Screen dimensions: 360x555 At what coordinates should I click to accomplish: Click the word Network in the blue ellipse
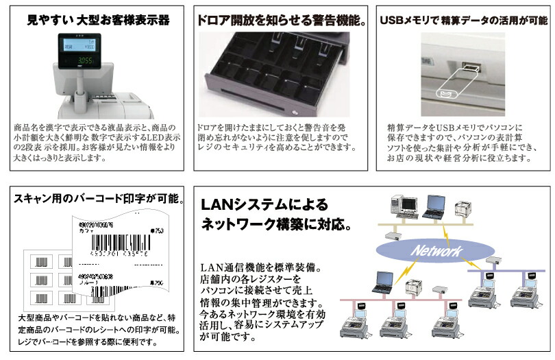[436, 251]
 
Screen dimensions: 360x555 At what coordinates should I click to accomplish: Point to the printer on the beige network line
[465, 209]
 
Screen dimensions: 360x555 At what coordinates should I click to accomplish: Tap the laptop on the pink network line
[383, 280]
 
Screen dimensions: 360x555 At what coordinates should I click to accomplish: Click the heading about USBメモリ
[463, 21]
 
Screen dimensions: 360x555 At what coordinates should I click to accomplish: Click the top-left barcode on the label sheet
[43, 261]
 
